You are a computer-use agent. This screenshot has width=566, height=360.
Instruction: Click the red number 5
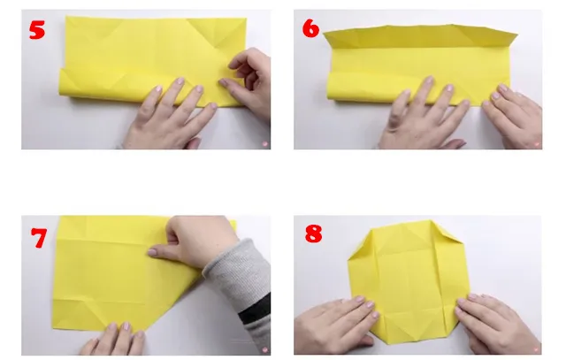(x=36, y=29)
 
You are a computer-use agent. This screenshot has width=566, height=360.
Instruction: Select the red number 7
(x=38, y=238)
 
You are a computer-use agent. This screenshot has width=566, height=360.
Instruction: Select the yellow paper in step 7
(x=106, y=274)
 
